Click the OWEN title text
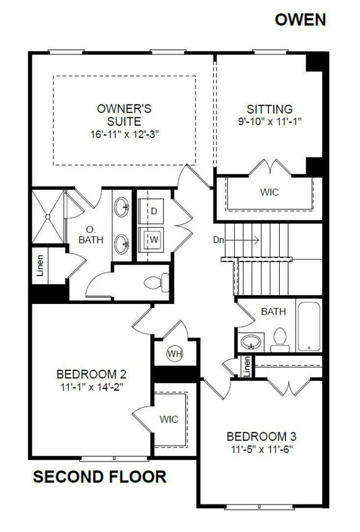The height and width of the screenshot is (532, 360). [x=300, y=20]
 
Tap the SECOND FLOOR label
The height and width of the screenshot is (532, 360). [x=100, y=477]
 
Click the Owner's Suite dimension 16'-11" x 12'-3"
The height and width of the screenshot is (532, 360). [x=125, y=133]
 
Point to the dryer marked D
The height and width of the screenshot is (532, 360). [x=154, y=211]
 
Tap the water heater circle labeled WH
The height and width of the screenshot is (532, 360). [x=175, y=353]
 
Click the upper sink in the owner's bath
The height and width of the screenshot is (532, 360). [x=123, y=209]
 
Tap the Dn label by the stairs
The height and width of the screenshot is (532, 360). [x=219, y=240]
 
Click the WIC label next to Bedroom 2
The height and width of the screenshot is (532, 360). [x=169, y=419]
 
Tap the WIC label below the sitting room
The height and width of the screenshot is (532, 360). [x=269, y=193]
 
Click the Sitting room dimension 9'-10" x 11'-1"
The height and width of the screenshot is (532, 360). [x=270, y=121]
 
